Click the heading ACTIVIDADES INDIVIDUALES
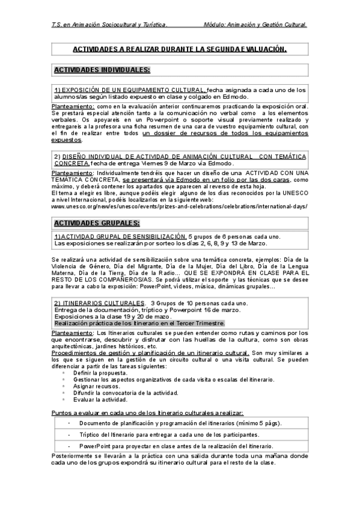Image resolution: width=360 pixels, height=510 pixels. point(102,70)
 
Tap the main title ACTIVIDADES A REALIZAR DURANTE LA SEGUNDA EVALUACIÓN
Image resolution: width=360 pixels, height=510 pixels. point(180,49)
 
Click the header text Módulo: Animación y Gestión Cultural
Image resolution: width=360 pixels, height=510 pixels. point(255,25)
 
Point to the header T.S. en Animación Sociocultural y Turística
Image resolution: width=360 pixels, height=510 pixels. point(109,25)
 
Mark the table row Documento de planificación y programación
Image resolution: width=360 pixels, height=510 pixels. point(180,422)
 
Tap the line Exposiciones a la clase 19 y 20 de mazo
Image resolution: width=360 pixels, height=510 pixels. point(113,316)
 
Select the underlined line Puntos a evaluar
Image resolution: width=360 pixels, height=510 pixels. point(147,413)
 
